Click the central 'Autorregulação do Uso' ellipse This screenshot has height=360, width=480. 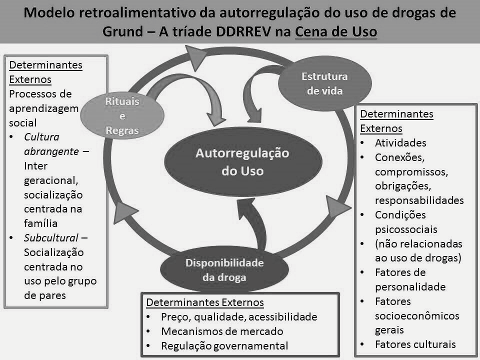243,161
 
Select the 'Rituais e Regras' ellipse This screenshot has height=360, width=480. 122,115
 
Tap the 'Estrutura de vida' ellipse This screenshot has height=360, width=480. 325,83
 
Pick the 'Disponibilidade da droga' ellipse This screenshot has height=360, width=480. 224,269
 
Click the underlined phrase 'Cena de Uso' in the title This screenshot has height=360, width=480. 336,31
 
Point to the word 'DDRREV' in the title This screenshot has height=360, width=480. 243,31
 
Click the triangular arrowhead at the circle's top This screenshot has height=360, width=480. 195,57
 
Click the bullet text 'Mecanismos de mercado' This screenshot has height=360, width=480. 222,331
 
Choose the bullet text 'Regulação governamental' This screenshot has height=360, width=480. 224,345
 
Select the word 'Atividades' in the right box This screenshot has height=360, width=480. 400,142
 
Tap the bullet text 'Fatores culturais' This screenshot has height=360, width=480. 415,344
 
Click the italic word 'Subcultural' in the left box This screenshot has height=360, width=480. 51,238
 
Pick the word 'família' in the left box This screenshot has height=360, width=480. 40,223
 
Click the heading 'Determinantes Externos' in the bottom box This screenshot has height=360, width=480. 205,302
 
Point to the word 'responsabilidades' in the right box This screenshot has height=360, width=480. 419,200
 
